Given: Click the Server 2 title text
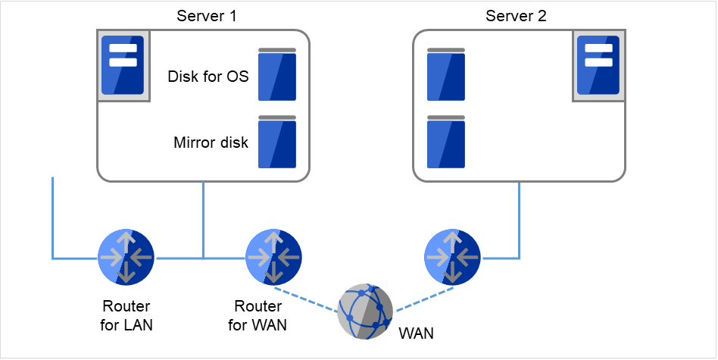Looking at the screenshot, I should (x=517, y=16).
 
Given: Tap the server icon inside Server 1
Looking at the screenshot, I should (x=122, y=64).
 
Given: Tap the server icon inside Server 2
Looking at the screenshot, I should (x=598, y=64).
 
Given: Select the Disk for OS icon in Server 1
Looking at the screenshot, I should (x=276, y=74).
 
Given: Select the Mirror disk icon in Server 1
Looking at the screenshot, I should (x=276, y=142).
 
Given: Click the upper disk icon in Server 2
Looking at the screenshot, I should (x=446, y=74).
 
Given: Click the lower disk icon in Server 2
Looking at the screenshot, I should (x=446, y=142).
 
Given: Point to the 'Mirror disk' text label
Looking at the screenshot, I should (x=211, y=142).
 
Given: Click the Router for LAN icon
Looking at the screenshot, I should (x=126, y=258).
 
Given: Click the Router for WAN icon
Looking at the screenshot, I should (x=274, y=258).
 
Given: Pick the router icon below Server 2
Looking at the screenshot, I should (x=452, y=258).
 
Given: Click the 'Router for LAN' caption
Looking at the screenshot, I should (x=126, y=316).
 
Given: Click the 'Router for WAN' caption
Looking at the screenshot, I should (x=258, y=316).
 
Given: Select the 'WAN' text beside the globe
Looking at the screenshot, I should (x=417, y=332).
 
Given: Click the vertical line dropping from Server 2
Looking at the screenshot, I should (x=519, y=220).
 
